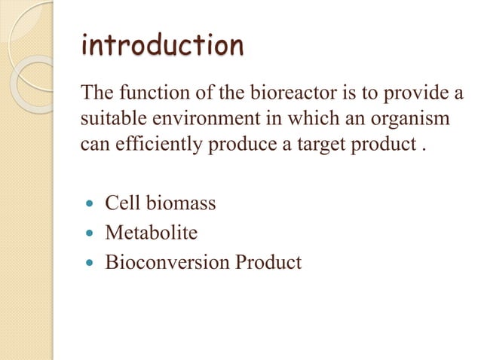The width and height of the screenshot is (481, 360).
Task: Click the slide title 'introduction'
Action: click(162, 46)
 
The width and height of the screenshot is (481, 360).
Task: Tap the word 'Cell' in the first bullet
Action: click(119, 203)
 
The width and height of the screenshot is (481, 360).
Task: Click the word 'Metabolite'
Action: click(151, 233)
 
